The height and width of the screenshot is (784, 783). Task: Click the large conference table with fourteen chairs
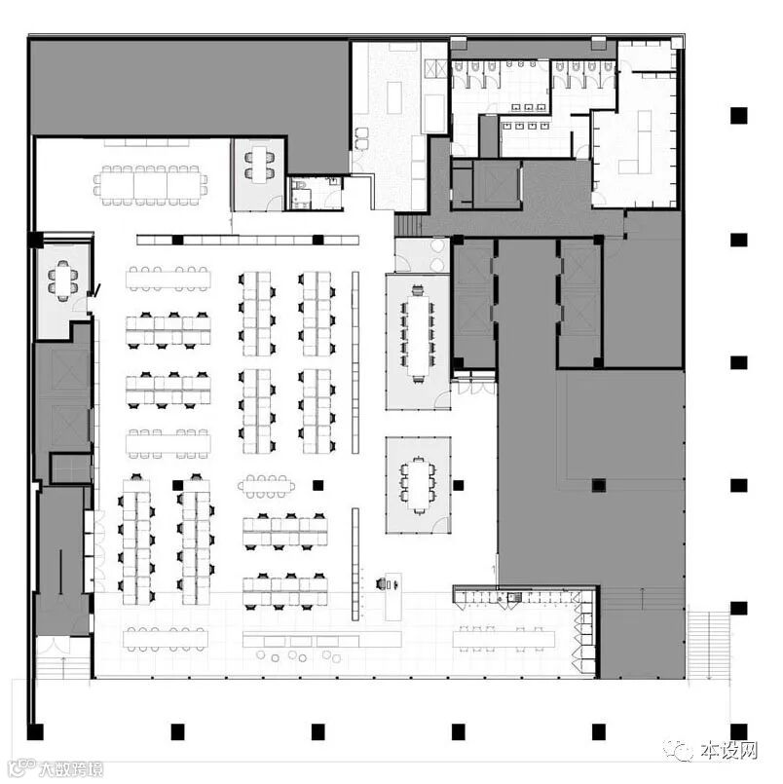click(x=151, y=184)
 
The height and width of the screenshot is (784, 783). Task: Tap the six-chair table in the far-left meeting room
click(x=63, y=280)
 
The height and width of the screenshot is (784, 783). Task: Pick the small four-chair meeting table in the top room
click(x=259, y=165)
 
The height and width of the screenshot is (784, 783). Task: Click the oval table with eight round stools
click(x=266, y=486)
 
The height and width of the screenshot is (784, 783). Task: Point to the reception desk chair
click(x=383, y=583)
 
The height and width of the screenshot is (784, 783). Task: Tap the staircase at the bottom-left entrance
click(x=63, y=666)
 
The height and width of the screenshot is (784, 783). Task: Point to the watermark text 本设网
click(x=728, y=750)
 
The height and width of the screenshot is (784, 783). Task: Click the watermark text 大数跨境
click(x=70, y=768)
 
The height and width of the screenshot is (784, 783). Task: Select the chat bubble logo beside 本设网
click(x=679, y=751)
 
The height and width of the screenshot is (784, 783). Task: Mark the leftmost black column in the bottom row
click(x=35, y=732)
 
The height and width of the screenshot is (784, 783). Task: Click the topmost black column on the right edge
click(x=738, y=116)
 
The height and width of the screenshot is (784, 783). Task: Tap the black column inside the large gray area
click(x=599, y=485)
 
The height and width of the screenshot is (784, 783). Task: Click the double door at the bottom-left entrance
click(x=56, y=645)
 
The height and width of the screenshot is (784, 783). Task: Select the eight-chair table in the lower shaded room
click(x=418, y=484)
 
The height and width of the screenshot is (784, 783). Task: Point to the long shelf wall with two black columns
click(x=248, y=240)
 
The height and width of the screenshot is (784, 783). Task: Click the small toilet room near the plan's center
click(x=315, y=193)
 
